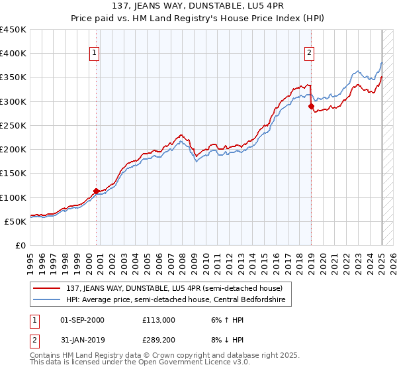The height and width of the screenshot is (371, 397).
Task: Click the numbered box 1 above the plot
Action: [x=95, y=54]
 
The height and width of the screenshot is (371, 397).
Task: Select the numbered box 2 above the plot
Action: [x=310, y=54]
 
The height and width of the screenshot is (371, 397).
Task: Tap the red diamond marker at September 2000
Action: [x=96, y=191]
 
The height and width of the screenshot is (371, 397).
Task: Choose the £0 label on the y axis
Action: [x=21, y=245]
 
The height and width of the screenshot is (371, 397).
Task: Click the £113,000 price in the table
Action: [x=158, y=320]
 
